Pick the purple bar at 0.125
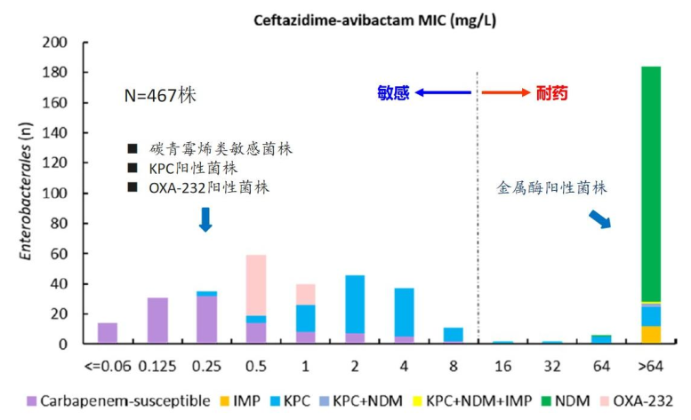(x=157, y=321)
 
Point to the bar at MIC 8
(x=454, y=336)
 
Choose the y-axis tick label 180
(x=56, y=72)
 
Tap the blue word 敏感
(x=392, y=92)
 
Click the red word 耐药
(x=551, y=92)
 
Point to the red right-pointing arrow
(x=507, y=92)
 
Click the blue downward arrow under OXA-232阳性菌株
(x=205, y=218)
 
